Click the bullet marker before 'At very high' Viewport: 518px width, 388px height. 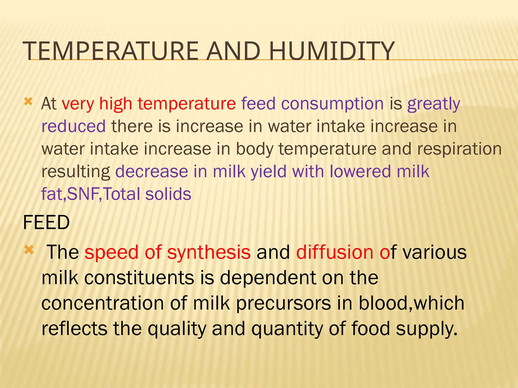point(28,102)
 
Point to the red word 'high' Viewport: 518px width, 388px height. point(116,104)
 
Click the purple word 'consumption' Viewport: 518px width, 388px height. point(332,104)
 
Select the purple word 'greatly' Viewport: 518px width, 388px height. point(434,104)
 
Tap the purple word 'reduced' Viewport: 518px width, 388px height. point(73,126)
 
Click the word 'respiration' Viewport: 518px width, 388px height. point(459,149)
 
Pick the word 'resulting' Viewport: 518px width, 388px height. point(76,172)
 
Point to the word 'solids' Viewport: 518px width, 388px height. point(168,194)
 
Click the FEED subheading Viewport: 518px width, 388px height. point(46,223)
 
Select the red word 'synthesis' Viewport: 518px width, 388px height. point(209,252)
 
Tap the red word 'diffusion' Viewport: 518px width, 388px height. point(334,252)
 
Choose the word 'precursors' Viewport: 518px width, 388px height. point(283,303)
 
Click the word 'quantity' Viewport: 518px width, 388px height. point(287,329)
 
